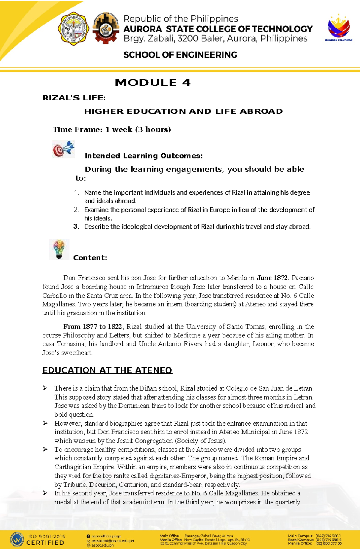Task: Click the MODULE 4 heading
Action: (x=153, y=82)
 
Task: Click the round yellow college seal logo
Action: (x=73, y=29)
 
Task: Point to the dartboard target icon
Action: (x=63, y=149)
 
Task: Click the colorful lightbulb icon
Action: (x=59, y=249)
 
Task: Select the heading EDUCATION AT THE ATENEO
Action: (x=107, y=370)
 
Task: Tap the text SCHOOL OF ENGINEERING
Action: (x=180, y=55)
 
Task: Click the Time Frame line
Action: (x=112, y=129)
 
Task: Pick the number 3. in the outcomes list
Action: (x=76, y=227)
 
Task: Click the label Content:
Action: (x=90, y=258)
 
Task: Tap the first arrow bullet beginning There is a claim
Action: (x=45, y=388)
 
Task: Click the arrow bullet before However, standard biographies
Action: (x=45, y=423)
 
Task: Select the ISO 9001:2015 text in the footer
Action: (x=46, y=536)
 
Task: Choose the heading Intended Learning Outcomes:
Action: (x=144, y=156)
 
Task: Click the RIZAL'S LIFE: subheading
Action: (x=74, y=98)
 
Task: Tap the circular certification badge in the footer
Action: (x=17, y=540)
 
